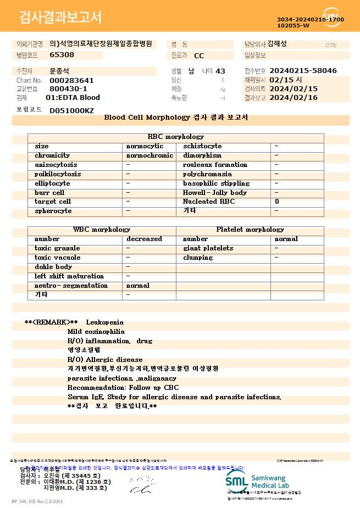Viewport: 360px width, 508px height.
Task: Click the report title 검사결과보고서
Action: (60, 18)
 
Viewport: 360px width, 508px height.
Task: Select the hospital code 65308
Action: (62, 54)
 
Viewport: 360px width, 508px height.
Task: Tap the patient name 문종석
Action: (59, 71)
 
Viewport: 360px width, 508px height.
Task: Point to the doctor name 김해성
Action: (277, 44)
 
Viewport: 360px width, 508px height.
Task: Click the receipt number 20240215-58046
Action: (303, 71)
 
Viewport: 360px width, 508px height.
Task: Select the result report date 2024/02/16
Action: (294, 98)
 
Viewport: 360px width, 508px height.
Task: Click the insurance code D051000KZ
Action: (71, 110)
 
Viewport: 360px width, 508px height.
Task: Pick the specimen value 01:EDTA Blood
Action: (73, 98)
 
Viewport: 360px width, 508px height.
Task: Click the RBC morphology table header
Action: (176, 137)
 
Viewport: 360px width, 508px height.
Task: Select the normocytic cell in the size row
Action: (145, 147)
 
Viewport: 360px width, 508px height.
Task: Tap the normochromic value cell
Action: (149, 155)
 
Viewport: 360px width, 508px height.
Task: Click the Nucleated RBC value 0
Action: (277, 202)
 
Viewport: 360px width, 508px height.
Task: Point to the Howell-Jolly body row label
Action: (215, 193)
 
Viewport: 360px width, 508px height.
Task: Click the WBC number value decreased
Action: (144, 239)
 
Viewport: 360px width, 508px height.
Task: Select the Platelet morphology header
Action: (250, 230)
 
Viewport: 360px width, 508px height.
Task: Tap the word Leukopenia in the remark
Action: (104, 322)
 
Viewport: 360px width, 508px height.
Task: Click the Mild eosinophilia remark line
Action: (96, 332)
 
